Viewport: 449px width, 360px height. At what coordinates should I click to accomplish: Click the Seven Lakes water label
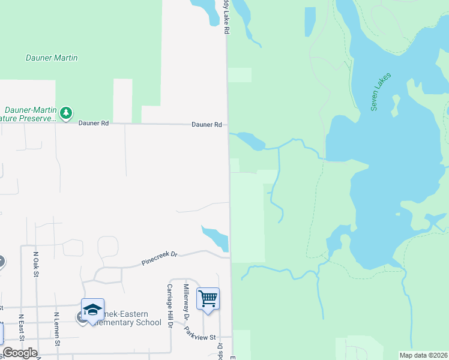click(x=381, y=91)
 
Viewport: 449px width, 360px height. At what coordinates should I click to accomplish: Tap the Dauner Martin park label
click(x=52, y=58)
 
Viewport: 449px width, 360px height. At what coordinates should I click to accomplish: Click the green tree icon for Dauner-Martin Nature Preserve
click(x=66, y=112)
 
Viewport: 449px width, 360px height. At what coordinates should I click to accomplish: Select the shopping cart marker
click(x=208, y=298)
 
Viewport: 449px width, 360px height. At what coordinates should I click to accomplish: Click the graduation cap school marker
click(x=92, y=309)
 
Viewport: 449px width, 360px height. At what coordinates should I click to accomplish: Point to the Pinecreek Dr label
click(x=160, y=258)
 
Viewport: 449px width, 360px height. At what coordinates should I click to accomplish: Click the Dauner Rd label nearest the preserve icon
click(x=94, y=123)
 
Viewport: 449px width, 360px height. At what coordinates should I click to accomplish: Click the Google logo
click(x=20, y=353)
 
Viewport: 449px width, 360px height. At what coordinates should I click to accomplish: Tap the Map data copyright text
click(x=423, y=355)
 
